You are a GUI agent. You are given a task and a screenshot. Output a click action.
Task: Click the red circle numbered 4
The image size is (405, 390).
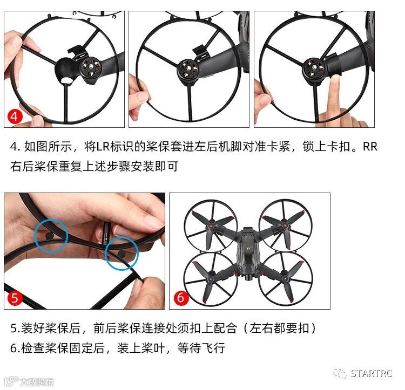15,117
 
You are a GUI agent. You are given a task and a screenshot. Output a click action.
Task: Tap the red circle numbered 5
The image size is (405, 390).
15,298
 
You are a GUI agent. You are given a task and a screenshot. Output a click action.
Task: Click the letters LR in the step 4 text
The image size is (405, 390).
103,147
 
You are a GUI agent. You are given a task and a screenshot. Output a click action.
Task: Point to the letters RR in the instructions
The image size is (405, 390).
370,147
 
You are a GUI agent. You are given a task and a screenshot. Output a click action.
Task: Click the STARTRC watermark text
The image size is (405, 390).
371,373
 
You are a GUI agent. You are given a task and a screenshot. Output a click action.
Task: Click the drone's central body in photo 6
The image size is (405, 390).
248,254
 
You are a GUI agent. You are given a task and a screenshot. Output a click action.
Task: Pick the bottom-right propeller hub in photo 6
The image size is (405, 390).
285,279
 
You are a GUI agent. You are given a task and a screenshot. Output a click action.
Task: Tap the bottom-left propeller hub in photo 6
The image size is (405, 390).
212,278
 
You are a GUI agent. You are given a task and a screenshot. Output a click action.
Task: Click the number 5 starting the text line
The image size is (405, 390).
13,329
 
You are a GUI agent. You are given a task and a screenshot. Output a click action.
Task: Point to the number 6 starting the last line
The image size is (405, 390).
13,348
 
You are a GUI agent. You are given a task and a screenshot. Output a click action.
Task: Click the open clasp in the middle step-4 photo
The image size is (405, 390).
199,51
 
